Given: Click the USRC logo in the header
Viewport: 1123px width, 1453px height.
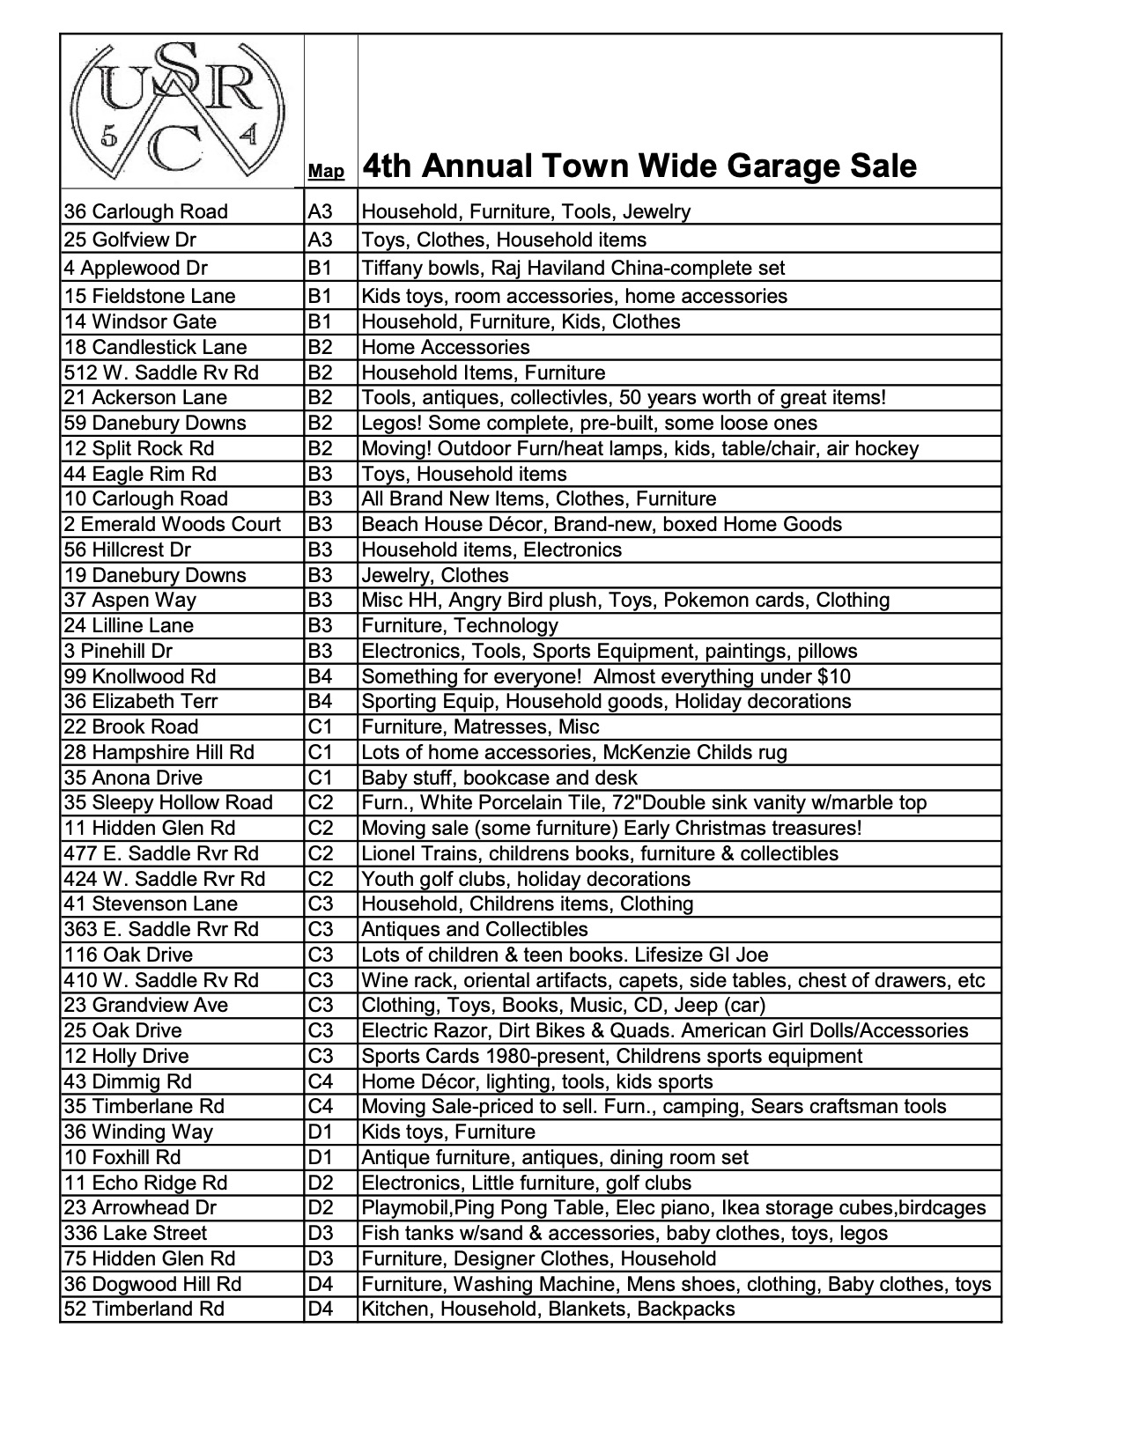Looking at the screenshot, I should pos(180,110).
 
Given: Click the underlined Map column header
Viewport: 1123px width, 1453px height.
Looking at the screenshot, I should pos(326,171).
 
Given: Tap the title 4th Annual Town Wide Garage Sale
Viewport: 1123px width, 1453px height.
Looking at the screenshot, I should pos(639,166).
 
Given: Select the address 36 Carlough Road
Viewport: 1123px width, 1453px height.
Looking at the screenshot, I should pos(146,211).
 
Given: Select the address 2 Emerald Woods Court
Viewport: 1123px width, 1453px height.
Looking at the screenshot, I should pos(173,524).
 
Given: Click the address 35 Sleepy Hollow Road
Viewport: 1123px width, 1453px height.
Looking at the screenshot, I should pos(168,802).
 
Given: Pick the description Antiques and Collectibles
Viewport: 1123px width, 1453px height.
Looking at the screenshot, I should pos(475,929).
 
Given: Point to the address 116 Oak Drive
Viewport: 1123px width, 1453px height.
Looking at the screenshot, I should pos(129,955).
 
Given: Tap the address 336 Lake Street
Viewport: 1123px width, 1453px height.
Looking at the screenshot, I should pos(136,1233).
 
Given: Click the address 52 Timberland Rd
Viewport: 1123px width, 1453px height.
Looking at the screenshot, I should pos(144,1309).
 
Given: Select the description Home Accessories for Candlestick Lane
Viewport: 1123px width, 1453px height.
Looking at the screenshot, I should pos(446,347).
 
